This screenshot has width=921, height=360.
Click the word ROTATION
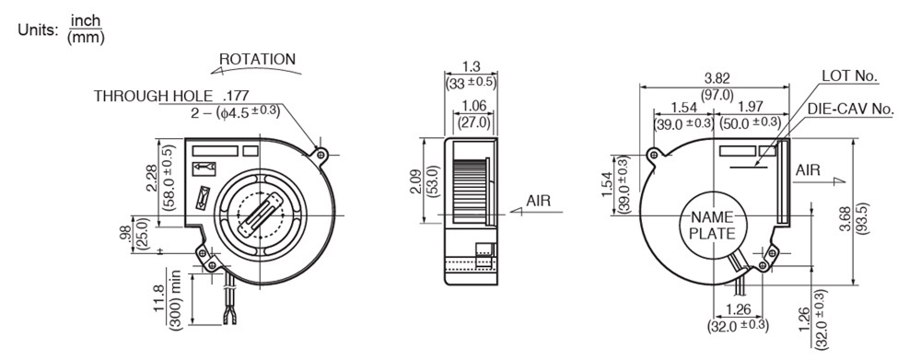point(257,59)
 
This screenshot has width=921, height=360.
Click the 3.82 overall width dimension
point(716,78)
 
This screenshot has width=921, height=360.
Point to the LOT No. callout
point(849,75)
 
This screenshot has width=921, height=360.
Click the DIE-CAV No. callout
point(850,110)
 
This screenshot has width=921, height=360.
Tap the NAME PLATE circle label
point(712,225)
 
